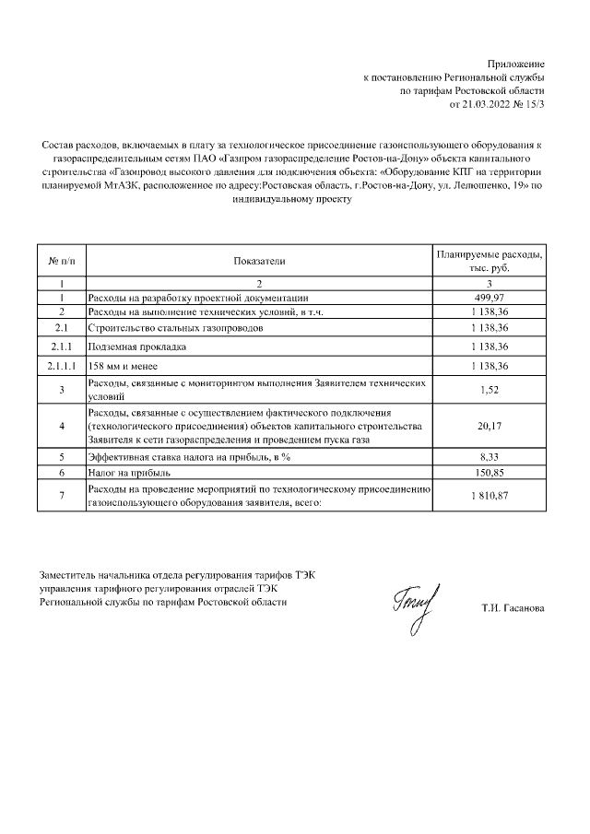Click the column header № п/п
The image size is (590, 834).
click(x=61, y=261)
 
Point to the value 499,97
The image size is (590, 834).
click(x=490, y=298)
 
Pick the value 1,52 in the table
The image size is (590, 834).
click(x=490, y=390)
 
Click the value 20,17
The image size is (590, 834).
click(x=490, y=426)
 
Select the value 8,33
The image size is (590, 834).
click(x=490, y=456)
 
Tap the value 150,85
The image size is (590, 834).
click(x=490, y=472)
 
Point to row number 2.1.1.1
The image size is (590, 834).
click(x=61, y=367)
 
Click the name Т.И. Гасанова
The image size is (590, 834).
click(x=513, y=608)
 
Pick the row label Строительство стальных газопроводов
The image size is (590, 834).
click(x=174, y=328)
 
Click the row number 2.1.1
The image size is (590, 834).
click(x=61, y=347)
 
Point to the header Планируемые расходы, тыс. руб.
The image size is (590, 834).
click(x=490, y=261)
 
